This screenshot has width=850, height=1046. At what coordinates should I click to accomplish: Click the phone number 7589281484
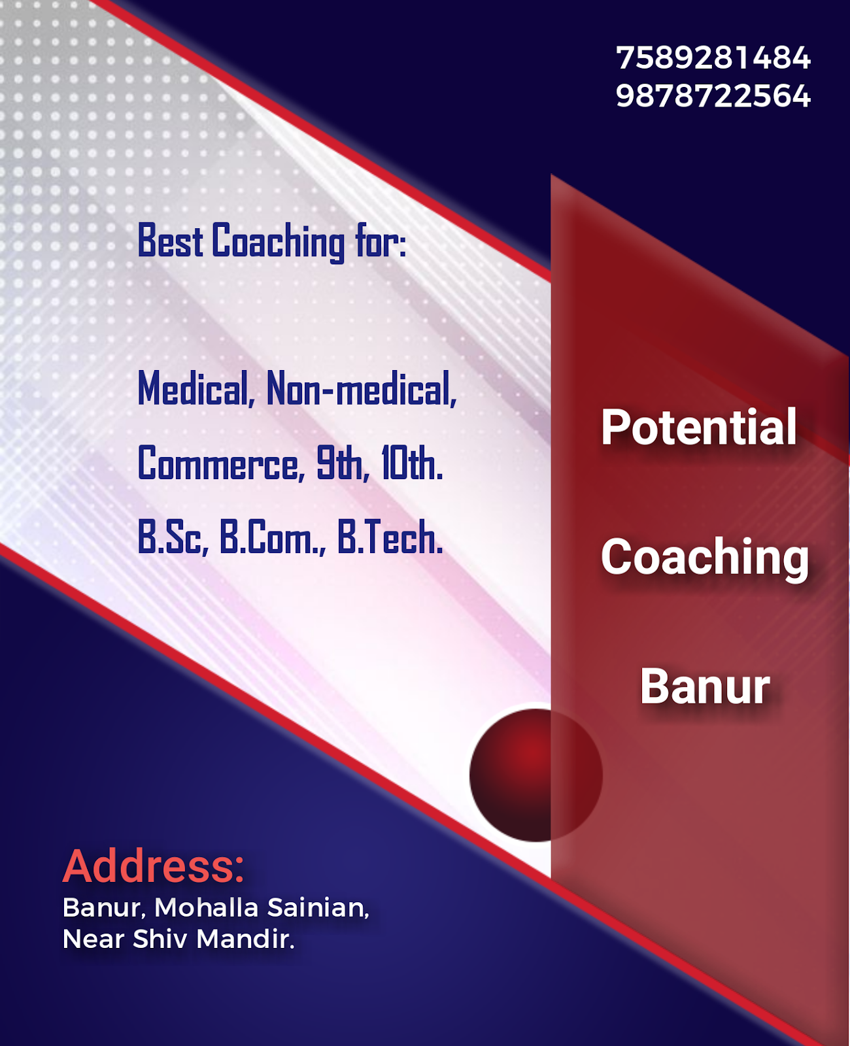713,58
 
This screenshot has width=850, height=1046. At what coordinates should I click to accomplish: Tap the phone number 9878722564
713,96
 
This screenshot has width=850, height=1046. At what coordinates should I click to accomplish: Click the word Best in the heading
170,241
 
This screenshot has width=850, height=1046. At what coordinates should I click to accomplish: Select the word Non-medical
361,389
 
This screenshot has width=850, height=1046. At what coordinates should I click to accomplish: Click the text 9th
339,464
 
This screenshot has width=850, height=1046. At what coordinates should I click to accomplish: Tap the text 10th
411,464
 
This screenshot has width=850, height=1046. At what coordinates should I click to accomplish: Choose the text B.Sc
173,538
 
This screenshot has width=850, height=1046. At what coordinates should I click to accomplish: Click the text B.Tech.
390,538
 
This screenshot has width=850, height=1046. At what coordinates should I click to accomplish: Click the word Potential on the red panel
698,428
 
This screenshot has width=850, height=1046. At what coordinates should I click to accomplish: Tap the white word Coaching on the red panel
705,557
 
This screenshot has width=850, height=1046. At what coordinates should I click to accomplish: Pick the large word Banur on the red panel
705,686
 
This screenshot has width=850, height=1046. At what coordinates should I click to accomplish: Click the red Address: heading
154,866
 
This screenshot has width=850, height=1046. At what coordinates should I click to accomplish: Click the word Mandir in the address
245,939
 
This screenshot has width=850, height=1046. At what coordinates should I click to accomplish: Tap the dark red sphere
535,775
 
